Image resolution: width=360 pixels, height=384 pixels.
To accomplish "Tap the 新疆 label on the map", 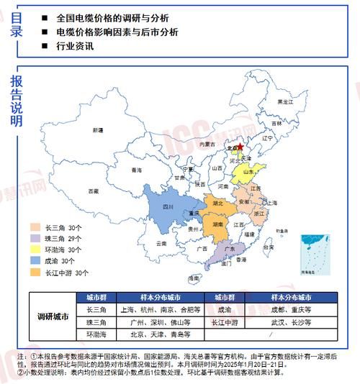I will (x=98, y=131).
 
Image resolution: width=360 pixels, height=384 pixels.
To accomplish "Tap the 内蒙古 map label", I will (x=207, y=145).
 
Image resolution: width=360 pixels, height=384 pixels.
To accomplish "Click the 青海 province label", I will (x=137, y=170).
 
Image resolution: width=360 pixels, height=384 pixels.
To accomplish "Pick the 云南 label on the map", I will (x=163, y=244).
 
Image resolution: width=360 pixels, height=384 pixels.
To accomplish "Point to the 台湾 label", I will (x=269, y=247).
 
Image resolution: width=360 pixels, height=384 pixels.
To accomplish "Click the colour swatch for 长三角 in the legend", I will (x=34, y=227).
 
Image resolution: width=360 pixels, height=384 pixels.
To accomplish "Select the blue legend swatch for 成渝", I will (x=34, y=261).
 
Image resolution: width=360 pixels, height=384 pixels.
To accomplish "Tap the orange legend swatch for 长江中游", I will (x=34, y=273).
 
